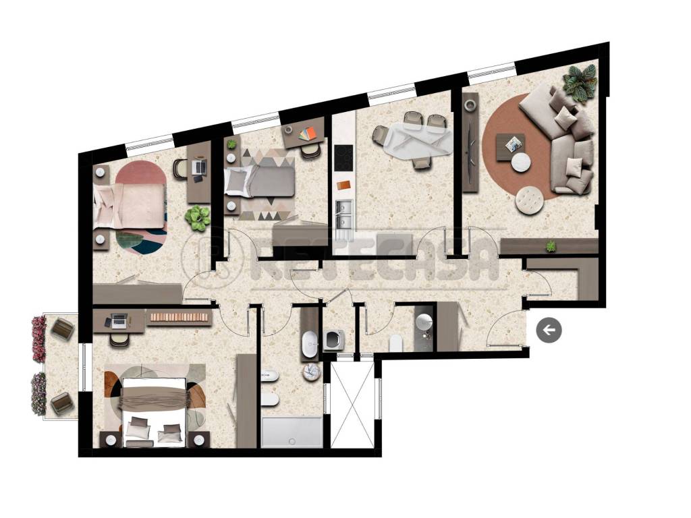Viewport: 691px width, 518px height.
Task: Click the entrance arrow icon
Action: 549,329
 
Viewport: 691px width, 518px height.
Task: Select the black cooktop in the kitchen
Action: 344,158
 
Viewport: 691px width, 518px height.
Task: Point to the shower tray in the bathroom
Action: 291,432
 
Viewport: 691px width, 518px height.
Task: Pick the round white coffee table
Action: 522,162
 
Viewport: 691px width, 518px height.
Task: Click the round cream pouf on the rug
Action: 529,200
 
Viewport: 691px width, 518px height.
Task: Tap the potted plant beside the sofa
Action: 579,83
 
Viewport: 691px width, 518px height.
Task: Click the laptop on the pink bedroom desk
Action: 200,167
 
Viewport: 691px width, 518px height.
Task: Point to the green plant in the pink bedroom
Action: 198,218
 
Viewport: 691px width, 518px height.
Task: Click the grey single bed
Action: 260,181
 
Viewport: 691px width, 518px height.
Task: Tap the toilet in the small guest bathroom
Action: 395,343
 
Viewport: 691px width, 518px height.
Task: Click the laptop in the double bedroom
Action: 119,320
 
